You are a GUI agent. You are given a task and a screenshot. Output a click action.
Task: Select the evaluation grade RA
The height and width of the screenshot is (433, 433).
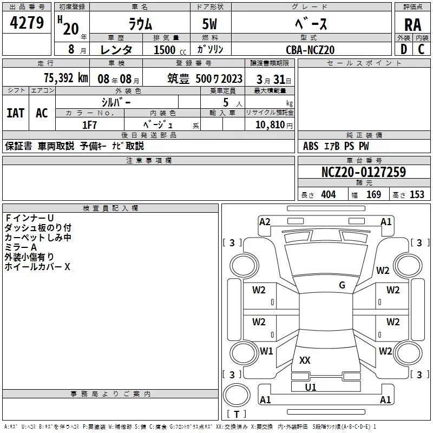[x=412, y=24]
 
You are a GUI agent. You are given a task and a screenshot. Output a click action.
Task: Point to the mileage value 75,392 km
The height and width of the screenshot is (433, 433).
[x=65, y=77]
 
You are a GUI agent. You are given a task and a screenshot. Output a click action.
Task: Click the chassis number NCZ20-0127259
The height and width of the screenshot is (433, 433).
[x=363, y=172]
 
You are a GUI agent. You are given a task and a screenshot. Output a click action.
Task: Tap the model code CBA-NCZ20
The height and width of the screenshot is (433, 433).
[x=310, y=50]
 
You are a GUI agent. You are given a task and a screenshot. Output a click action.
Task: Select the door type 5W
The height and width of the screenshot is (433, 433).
[x=211, y=24]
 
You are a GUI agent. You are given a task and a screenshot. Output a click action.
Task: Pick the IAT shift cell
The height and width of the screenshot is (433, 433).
[x=15, y=113]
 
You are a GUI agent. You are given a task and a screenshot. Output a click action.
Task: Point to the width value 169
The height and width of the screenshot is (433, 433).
[x=373, y=194]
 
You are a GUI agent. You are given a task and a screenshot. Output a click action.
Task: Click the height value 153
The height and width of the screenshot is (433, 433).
[x=417, y=194]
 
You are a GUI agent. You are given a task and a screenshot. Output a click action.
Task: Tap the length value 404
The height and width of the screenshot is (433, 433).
[x=328, y=194]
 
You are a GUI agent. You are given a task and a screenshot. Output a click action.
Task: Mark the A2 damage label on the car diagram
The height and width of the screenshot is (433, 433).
[x=265, y=221]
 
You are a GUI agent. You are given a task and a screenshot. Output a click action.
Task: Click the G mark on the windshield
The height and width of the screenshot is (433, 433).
[x=342, y=285]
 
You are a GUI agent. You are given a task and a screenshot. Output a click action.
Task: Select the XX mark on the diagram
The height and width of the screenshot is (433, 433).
[x=305, y=360]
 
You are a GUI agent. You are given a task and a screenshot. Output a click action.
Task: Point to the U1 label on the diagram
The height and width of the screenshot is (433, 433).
[x=311, y=387]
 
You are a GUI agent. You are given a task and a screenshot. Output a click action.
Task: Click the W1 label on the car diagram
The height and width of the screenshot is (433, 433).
[x=266, y=351]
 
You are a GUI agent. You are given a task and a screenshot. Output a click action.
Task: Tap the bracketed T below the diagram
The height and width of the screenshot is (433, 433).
[x=237, y=414]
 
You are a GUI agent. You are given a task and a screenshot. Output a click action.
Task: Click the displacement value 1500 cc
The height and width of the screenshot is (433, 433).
[x=169, y=50]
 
